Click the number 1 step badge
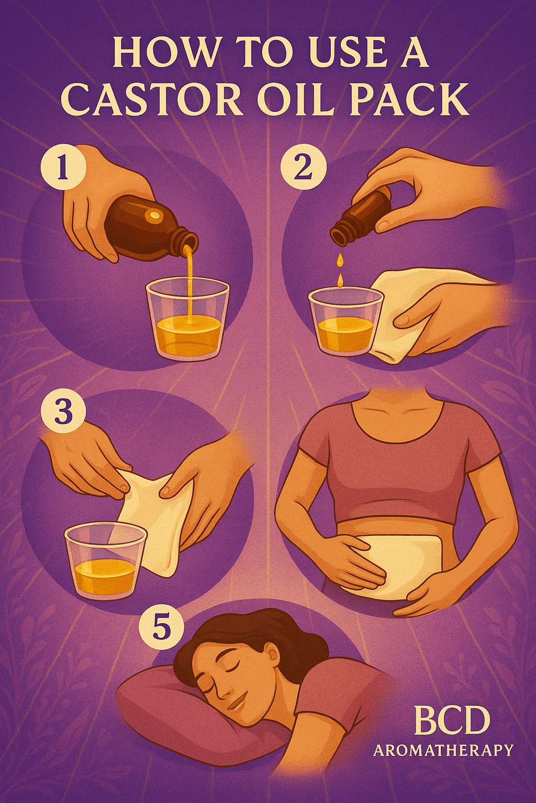[63, 167]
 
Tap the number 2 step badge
[304, 167]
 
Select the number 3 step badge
[63, 412]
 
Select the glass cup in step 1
[188, 319]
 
